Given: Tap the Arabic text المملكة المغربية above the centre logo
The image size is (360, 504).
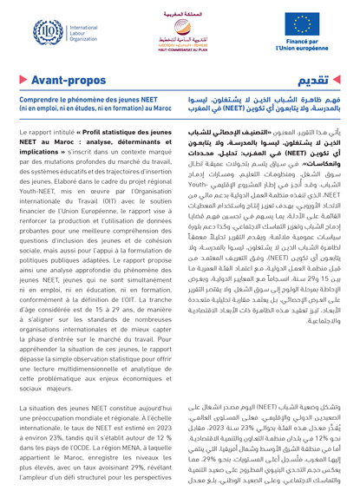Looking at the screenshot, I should click(180, 7).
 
